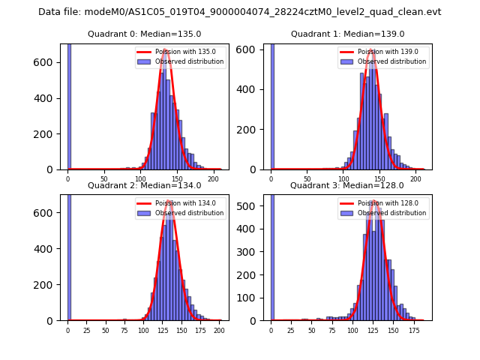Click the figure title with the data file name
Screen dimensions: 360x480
coord(240,12)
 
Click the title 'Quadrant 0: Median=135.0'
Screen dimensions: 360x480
coord(144,34)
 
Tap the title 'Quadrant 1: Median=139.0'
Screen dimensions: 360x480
coord(347,34)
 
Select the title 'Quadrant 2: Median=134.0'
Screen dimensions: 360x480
coord(144,185)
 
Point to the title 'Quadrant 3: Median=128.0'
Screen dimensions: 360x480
coord(347,185)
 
